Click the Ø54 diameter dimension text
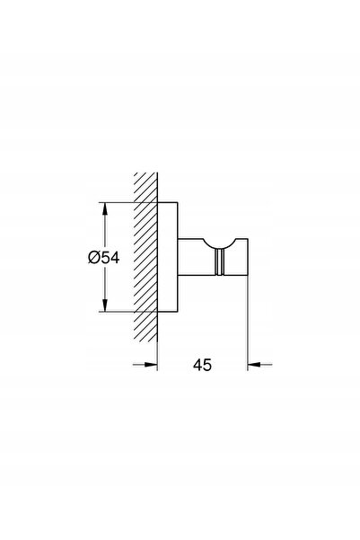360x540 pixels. (x=103, y=257)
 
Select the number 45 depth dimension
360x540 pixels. (x=202, y=365)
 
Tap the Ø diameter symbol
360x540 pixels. (x=93, y=257)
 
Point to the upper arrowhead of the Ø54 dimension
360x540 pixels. (x=105, y=209)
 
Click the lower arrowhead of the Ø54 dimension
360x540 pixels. (x=105, y=305)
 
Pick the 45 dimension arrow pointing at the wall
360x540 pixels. (x=145, y=364)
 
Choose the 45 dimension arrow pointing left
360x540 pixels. (x=259, y=364)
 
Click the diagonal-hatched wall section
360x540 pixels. (x=145, y=257)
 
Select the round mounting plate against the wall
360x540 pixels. (x=168, y=257)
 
